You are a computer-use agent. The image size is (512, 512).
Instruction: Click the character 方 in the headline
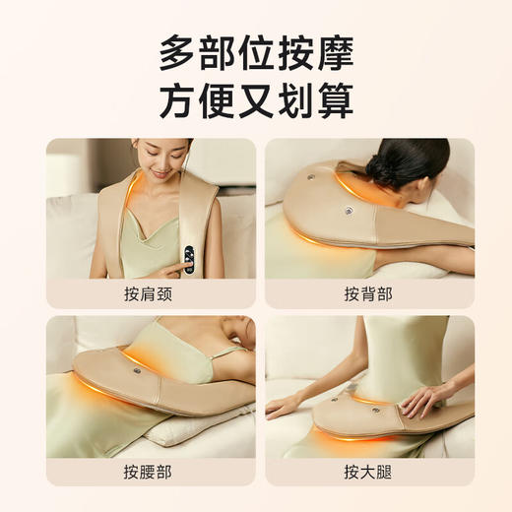click(x=180, y=101)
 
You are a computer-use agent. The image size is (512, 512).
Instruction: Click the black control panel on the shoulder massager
click(x=188, y=257)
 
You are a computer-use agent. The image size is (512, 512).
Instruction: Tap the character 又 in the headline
click(x=256, y=101)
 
